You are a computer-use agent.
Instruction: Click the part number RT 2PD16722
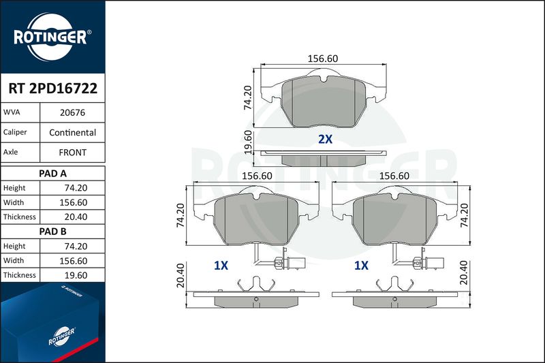tap(53, 89)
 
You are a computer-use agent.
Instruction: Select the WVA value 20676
tap(72, 112)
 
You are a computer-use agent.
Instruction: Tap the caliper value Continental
tap(72, 132)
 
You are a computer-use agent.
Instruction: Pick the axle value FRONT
tap(72, 153)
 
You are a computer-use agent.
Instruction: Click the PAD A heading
tap(53, 174)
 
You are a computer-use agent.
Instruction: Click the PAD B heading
tap(53, 232)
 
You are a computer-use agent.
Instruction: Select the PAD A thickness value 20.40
tap(76, 217)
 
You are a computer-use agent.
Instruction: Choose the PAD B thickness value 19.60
tap(76, 275)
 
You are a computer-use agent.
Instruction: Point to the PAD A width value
tap(74, 202)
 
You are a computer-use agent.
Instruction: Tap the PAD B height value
tap(76, 246)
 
